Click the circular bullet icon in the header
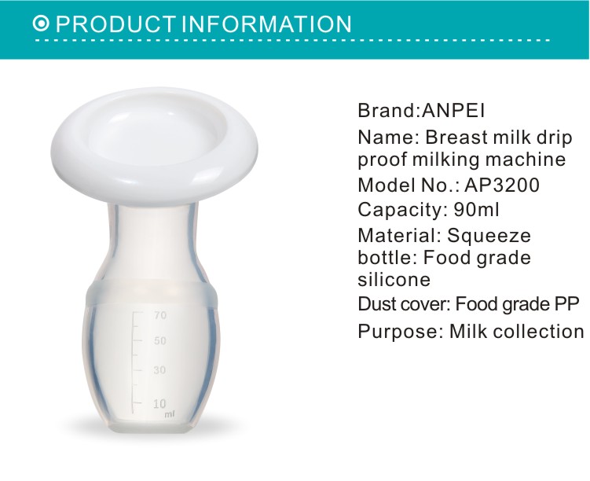click(x=41, y=24)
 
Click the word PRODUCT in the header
click(x=116, y=24)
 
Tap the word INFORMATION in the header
click(x=267, y=24)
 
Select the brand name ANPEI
click(x=453, y=110)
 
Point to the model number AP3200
click(x=502, y=185)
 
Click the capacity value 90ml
click(x=477, y=209)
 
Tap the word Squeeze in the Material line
click(x=489, y=237)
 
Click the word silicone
click(x=394, y=279)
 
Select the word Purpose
click(x=398, y=332)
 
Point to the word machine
click(x=526, y=159)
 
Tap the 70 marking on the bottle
click(x=160, y=315)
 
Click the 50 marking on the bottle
click(x=160, y=340)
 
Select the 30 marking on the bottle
click(x=159, y=370)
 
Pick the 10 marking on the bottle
click(x=159, y=403)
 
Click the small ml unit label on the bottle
click(x=170, y=414)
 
